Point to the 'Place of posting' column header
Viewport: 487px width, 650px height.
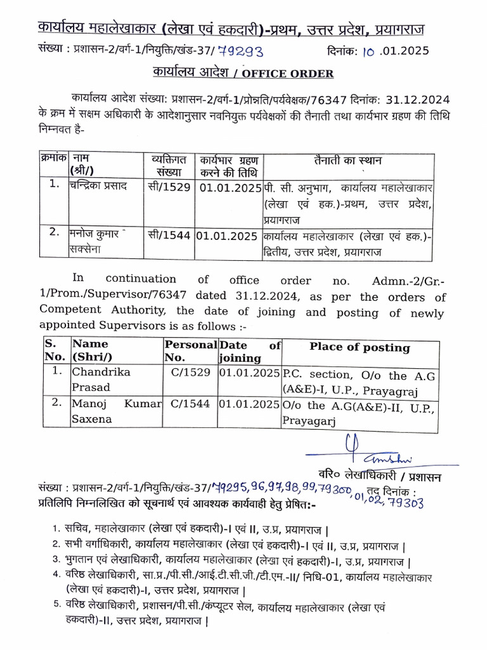click(x=360, y=347)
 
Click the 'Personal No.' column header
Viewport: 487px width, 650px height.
click(x=190, y=351)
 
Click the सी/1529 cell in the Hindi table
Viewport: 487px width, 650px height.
click(x=168, y=188)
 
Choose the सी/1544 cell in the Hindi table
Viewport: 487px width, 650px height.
click(x=168, y=234)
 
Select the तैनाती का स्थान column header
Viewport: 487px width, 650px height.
click(x=346, y=161)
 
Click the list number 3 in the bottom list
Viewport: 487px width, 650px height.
click(x=56, y=560)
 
